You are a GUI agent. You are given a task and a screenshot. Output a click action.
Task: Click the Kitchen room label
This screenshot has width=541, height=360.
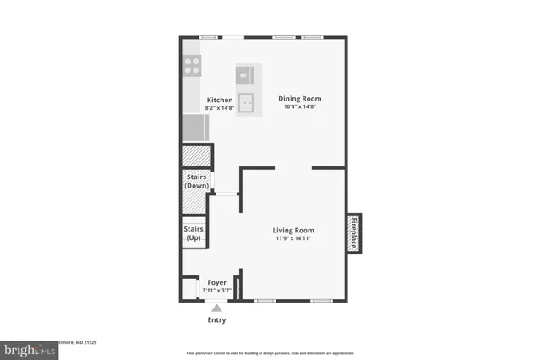tap(220, 100)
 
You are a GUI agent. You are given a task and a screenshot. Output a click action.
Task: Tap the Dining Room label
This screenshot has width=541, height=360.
tap(300, 99)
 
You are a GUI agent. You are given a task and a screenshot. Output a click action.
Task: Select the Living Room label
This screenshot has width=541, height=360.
tap(293, 230)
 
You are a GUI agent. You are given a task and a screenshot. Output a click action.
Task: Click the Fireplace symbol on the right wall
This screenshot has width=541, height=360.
tap(354, 232)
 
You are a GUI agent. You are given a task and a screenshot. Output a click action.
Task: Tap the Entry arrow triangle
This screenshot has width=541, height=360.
tap(216, 308)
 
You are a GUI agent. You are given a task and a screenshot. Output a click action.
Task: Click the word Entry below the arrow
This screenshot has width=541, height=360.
tap(216, 320)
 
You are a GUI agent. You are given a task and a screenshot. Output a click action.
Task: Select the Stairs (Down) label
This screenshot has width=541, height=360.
tap(196, 181)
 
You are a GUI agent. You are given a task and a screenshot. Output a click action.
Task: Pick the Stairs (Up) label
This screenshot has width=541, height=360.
tap(193, 233)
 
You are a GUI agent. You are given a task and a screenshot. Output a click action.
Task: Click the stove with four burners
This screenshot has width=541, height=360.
tap(192, 66)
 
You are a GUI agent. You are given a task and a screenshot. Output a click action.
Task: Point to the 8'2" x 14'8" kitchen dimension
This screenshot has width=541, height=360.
tap(220, 108)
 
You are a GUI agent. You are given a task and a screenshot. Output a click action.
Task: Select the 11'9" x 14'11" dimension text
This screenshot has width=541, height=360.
tap(293, 238)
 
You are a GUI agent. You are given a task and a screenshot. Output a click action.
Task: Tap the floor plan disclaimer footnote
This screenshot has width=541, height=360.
tap(270, 353)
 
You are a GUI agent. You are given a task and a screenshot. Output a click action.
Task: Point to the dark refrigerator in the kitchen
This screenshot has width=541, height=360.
tap(194, 128)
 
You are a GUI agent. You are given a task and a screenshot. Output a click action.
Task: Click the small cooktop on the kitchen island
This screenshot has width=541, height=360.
tap(245, 74)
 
